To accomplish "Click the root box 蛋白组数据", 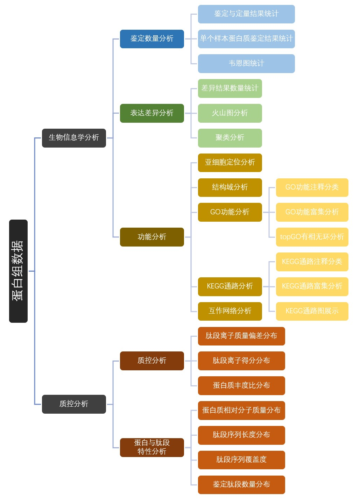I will [x=18, y=271].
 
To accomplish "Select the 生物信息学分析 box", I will [x=74, y=138].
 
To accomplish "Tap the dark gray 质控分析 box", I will [x=74, y=404].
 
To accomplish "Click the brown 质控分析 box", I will [x=152, y=361].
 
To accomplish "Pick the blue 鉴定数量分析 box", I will [x=152, y=39].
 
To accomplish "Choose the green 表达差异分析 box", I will [x=152, y=113].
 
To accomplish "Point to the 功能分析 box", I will [x=152, y=237].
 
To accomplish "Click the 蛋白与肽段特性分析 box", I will [x=152, y=448].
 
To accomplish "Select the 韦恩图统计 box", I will [x=246, y=64].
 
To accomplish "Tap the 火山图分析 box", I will [x=230, y=113].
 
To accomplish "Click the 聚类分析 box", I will [x=230, y=138].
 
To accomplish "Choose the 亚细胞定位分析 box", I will [x=230, y=163].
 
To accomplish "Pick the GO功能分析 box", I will [x=230, y=212].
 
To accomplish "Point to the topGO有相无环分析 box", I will [x=312, y=237].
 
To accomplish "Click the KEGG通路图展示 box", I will [x=312, y=311].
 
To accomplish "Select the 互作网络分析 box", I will [x=230, y=311].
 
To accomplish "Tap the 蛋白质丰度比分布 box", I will [x=241, y=386].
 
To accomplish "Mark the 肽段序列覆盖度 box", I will [x=241, y=460].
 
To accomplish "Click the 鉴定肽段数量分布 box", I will [x=241, y=485].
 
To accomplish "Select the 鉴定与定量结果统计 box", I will [x=246, y=14].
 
